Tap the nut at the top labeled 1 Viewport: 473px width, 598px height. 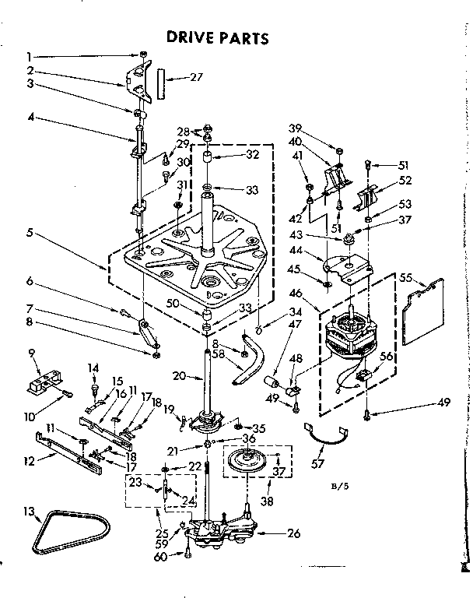click(144, 55)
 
